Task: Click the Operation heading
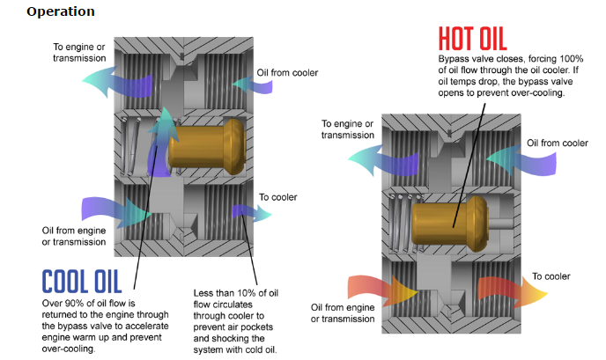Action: tap(60, 11)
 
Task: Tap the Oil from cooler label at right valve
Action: tap(557, 143)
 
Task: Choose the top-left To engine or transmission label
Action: tap(79, 52)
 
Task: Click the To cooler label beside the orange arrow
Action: tap(551, 276)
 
